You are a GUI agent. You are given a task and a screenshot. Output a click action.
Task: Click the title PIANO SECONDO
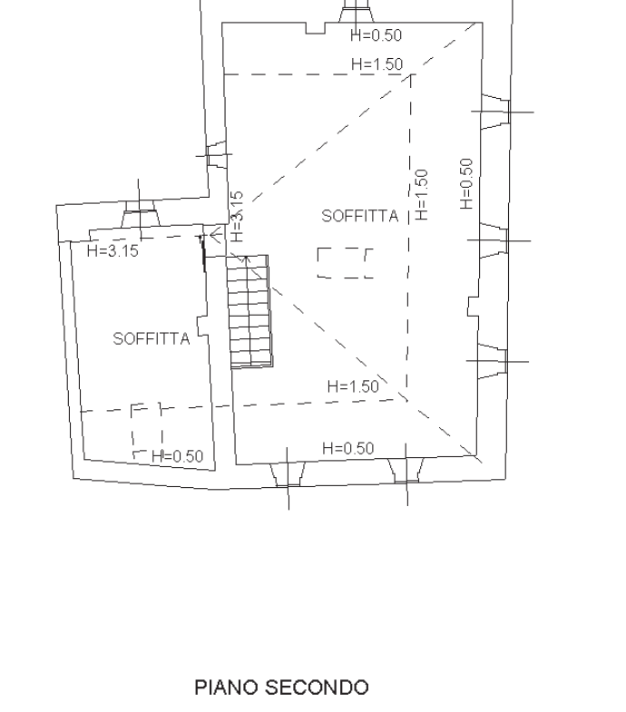(281, 688)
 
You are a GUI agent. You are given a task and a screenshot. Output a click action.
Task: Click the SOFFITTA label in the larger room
(360, 216)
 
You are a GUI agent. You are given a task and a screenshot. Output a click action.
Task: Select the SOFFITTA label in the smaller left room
(152, 338)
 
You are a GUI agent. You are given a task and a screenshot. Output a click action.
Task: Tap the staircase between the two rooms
(249, 311)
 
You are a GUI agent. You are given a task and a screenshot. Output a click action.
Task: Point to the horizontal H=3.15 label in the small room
(112, 250)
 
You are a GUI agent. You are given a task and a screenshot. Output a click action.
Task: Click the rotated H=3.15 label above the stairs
(237, 217)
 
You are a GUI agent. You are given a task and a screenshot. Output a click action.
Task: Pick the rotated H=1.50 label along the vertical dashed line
(421, 195)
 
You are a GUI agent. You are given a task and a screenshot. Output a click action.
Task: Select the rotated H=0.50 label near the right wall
(466, 184)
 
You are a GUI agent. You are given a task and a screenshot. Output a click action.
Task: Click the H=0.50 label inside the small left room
(177, 456)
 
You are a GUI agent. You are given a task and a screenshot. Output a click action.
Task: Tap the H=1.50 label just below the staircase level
(353, 386)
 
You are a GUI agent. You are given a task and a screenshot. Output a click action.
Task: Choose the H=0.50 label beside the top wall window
(377, 35)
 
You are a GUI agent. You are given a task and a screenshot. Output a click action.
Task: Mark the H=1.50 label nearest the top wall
(377, 64)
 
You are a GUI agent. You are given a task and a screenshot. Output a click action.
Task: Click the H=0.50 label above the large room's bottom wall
(348, 448)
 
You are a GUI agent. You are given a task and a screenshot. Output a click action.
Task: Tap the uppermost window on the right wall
(495, 112)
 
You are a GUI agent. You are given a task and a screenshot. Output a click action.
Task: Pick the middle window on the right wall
(494, 240)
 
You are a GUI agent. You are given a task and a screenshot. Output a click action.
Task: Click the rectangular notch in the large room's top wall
(316, 28)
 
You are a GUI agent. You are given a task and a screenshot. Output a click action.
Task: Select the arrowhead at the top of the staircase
(246, 260)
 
